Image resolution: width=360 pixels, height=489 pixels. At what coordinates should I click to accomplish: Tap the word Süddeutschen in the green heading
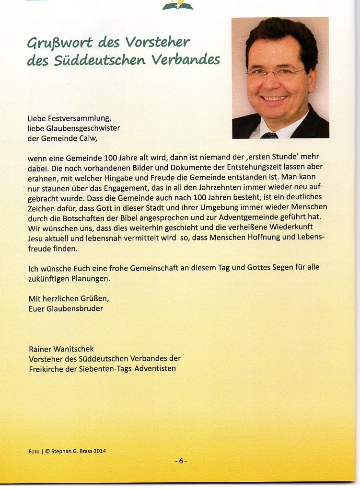[x=100, y=60]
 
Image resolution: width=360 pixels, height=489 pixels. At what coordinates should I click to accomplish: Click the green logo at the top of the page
[x=177, y=5]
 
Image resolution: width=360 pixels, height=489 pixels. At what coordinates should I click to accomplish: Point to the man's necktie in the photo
[x=269, y=135]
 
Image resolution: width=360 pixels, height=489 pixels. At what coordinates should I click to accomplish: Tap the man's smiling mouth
[x=275, y=98]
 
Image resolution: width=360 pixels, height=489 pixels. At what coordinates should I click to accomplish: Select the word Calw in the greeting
[x=93, y=138]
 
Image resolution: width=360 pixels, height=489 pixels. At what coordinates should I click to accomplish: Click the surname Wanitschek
[x=77, y=349]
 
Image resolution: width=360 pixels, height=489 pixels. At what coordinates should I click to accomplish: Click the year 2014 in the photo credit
[x=98, y=451]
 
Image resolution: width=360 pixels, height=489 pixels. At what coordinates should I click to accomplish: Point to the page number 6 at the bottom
[x=181, y=461]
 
